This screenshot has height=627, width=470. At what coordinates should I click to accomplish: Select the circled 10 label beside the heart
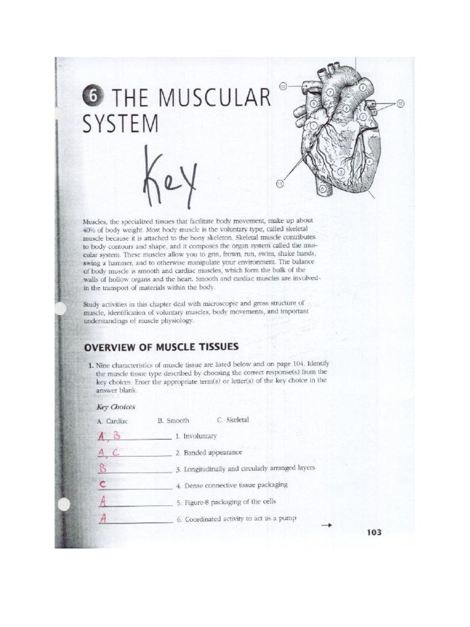(283, 86)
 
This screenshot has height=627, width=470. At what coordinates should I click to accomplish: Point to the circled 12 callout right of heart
(400, 103)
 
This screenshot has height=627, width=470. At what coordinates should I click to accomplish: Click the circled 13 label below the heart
(280, 183)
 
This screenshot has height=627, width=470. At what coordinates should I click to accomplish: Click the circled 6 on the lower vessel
(323, 190)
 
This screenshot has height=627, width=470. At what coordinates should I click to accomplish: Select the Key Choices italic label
(116, 406)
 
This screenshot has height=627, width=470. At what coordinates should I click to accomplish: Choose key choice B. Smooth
(174, 421)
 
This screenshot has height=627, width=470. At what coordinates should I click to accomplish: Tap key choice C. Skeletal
(233, 420)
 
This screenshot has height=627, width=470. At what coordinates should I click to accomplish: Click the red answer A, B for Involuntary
(110, 436)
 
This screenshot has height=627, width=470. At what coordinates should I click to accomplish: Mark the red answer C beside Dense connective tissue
(103, 484)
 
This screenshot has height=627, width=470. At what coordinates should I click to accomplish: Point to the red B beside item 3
(103, 468)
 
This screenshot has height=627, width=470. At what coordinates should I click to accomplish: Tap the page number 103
(374, 532)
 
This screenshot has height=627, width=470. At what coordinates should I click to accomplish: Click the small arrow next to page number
(326, 525)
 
